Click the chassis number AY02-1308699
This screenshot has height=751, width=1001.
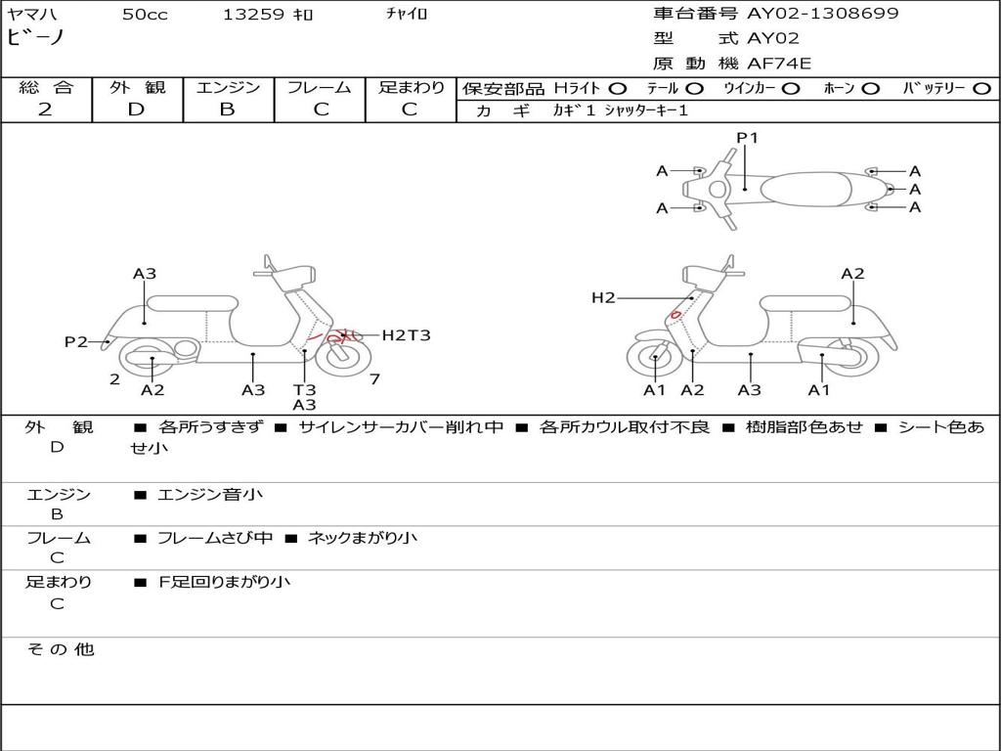click(x=822, y=14)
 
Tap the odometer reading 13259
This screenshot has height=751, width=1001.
click(x=253, y=14)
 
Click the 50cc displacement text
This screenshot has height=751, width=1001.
click(x=145, y=14)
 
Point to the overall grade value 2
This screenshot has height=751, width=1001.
click(x=45, y=110)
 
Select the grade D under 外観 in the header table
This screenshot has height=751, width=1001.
click(x=137, y=110)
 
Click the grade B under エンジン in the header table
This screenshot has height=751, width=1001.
click(x=227, y=110)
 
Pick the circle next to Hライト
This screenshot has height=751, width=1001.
click(x=618, y=89)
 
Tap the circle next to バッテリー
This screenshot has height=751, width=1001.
click(x=981, y=89)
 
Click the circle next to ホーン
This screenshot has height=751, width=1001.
click(x=870, y=89)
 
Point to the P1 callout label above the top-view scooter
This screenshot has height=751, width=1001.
click(x=747, y=137)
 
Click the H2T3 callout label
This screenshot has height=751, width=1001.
click(x=406, y=334)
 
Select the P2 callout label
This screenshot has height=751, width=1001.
click(x=76, y=341)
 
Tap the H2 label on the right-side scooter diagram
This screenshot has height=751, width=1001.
click(x=603, y=297)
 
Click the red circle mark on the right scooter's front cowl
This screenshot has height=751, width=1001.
click(x=675, y=314)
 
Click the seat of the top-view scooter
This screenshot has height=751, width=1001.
click(x=805, y=189)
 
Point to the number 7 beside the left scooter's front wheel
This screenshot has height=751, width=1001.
click(x=374, y=378)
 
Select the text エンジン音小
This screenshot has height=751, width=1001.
click(x=210, y=494)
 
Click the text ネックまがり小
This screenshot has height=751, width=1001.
click(x=363, y=539)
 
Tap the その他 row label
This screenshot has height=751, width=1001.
click(x=61, y=649)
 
